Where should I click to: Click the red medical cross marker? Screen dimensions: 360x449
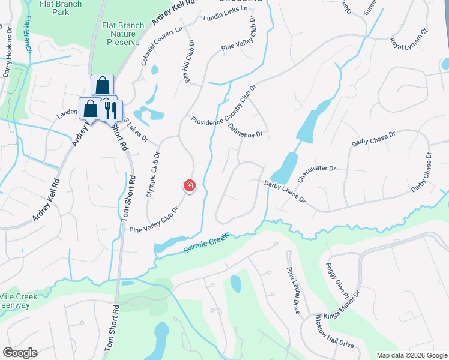tap(190, 186)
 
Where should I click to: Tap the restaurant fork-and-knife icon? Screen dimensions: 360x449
tap(110, 110)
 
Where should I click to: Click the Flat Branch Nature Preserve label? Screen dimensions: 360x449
tap(121, 34)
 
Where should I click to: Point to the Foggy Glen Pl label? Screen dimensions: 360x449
tap(336, 279)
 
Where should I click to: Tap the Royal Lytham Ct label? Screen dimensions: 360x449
tap(408, 40)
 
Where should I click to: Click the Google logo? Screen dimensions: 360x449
tap(19, 353)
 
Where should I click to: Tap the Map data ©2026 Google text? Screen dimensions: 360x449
tap(411, 355)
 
